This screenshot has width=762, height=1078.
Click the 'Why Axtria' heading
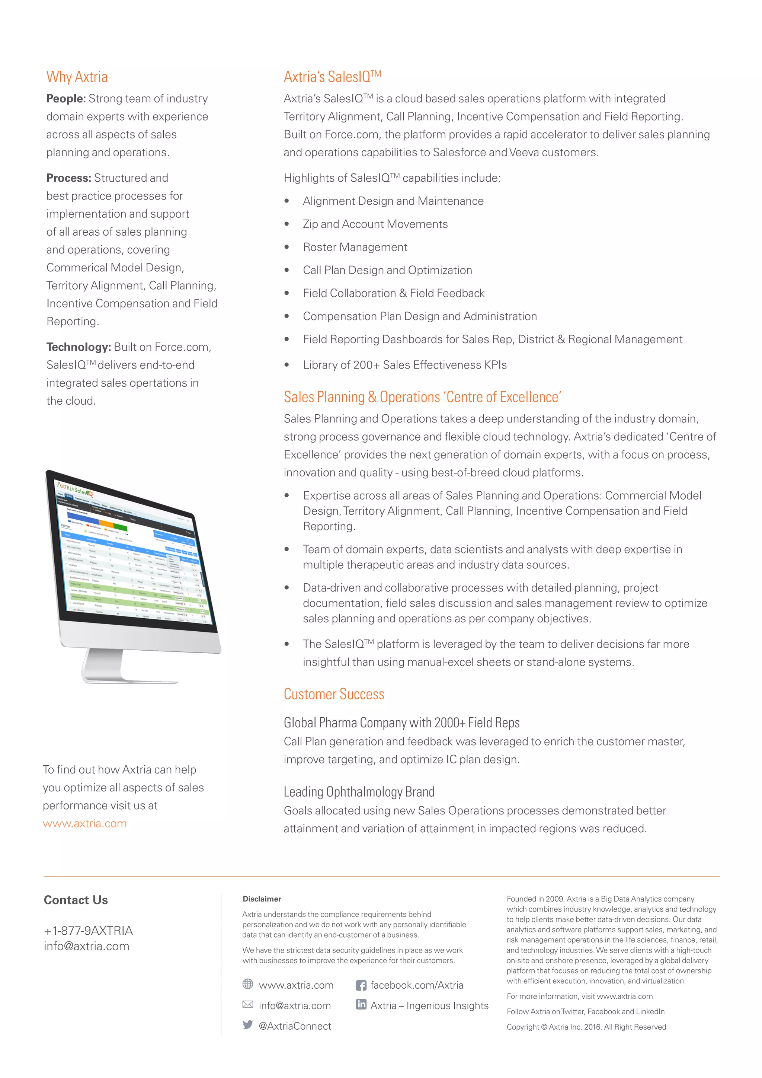(x=77, y=77)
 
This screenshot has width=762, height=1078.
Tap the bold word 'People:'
(x=66, y=99)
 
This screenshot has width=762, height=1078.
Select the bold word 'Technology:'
(x=79, y=347)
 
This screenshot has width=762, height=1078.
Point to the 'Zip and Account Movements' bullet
(x=375, y=224)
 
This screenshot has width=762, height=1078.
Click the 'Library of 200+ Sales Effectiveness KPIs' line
(x=404, y=365)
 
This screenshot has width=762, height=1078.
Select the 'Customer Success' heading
(x=334, y=694)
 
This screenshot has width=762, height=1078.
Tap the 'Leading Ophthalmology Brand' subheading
(x=359, y=792)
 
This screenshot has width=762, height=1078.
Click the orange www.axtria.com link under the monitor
(x=85, y=823)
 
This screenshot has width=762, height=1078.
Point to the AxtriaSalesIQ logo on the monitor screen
(x=75, y=488)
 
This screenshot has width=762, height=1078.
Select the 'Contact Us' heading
(x=76, y=900)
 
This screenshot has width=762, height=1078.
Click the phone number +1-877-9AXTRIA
(x=88, y=930)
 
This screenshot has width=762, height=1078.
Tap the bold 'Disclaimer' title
(x=262, y=899)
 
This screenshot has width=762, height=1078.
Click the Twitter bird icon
(x=248, y=1024)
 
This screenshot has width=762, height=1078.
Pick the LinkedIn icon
(x=361, y=1004)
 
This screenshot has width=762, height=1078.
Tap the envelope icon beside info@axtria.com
(x=248, y=1004)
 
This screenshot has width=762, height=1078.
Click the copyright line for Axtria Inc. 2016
(x=586, y=1027)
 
